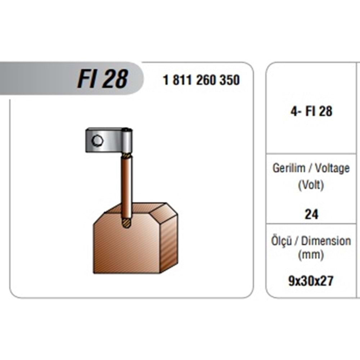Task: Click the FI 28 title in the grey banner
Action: point(102,79)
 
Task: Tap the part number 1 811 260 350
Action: point(201,80)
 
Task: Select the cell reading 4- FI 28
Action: point(311,111)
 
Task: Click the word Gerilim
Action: point(289,168)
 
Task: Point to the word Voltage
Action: point(332,168)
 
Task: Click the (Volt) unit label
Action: point(311,185)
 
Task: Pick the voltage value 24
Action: point(311,215)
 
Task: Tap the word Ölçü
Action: point(282,240)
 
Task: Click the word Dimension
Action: point(326,241)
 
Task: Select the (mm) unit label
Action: point(311,255)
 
